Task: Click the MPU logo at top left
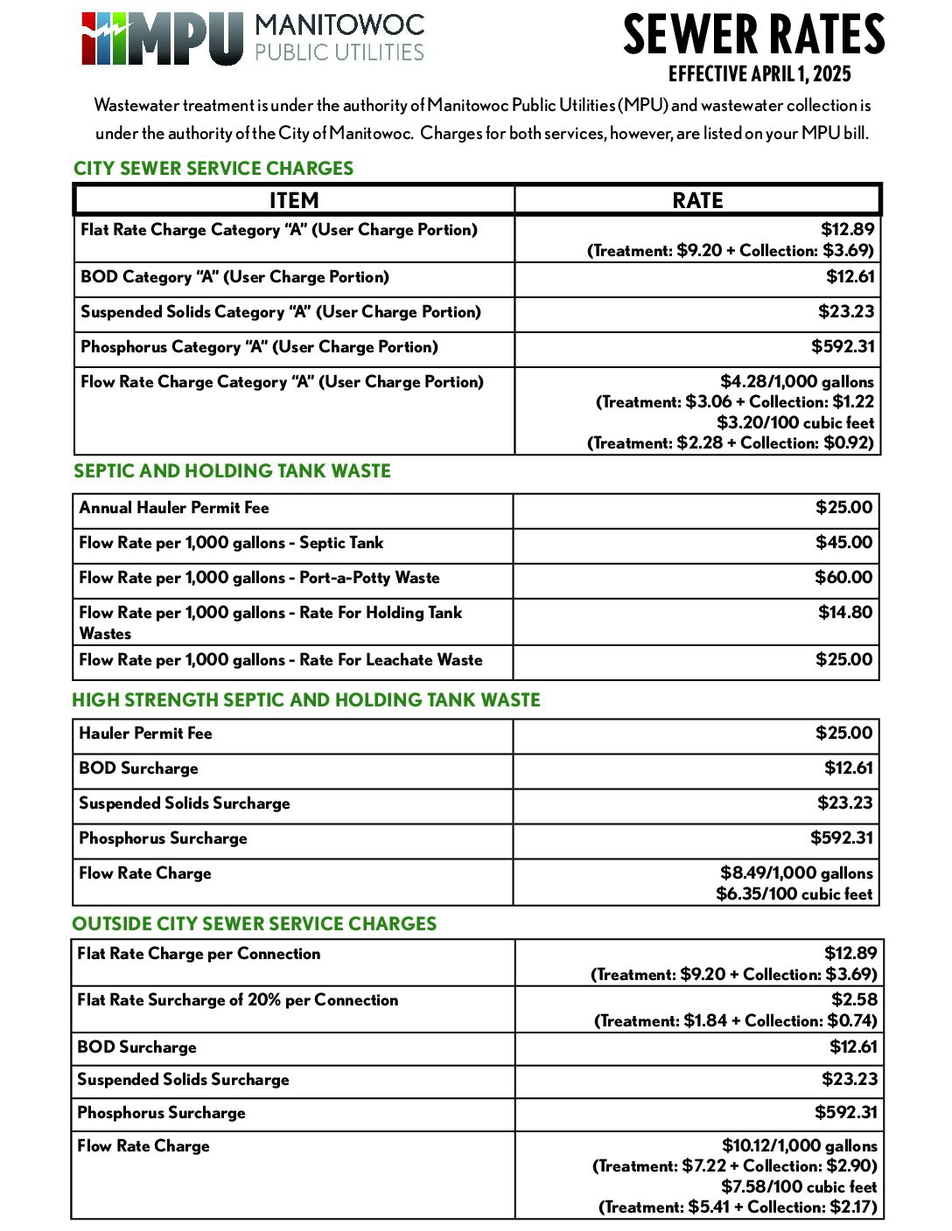pos(162,38)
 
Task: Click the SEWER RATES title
pos(753,35)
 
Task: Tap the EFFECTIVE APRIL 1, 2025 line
pos(759,74)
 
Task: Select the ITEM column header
pos(294,200)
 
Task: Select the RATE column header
pos(697,200)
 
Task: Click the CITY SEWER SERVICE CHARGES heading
pos(213,169)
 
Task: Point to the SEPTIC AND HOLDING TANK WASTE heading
pos(232,471)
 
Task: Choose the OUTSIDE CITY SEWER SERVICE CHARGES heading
pos(254,924)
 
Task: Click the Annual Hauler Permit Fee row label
pos(174,508)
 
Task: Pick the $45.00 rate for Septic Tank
pos(843,543)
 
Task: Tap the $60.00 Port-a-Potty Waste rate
pos(843,578)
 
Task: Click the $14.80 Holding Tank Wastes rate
pos(845,613)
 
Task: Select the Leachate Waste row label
pos(280,660)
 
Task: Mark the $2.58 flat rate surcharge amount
pos(854,999)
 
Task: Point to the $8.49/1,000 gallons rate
pos(796,873)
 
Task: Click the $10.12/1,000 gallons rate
pos(799,1145)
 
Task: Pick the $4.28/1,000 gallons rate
pos(796,381)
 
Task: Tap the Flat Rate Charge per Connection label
pos(199,954)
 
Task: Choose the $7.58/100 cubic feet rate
pos(798,1186)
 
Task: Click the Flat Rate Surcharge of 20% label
pos(237,1000)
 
